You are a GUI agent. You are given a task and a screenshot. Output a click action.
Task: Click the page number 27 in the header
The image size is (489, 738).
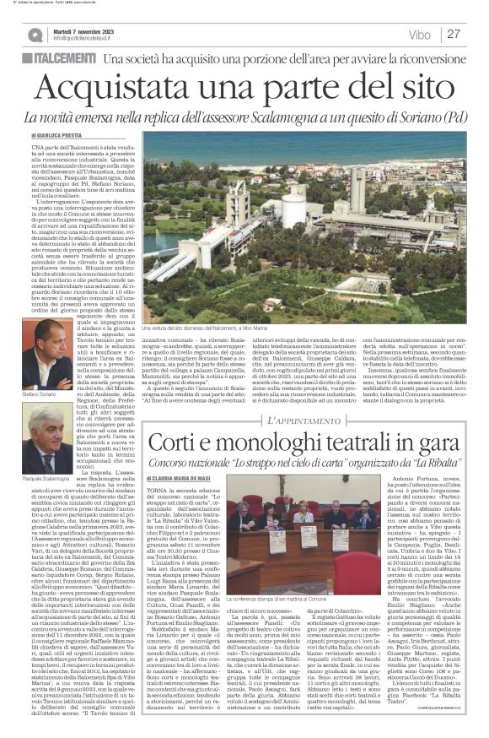[x=453, y=34]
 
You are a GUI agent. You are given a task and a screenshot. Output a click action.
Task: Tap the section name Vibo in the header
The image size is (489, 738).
[x=420, y=35]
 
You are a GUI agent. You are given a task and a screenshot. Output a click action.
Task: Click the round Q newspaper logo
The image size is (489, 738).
[x=35, y=35]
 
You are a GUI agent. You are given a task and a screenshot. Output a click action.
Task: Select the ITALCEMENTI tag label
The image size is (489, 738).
[x=61, y=58]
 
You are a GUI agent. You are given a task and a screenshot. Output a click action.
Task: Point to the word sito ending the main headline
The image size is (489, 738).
[x=422, y=88]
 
